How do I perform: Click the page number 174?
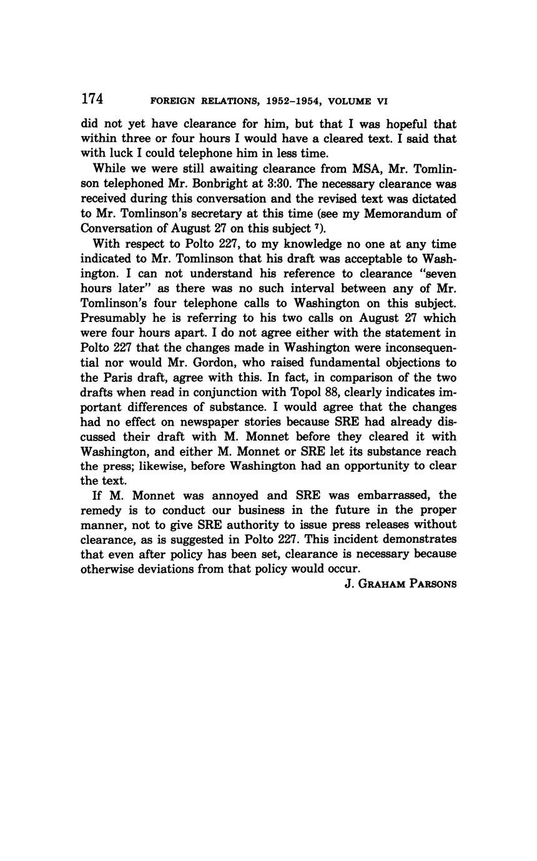(x=92, y=99)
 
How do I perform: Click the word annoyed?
(x=226, y=495)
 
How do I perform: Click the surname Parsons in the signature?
(x=433, y=585)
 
